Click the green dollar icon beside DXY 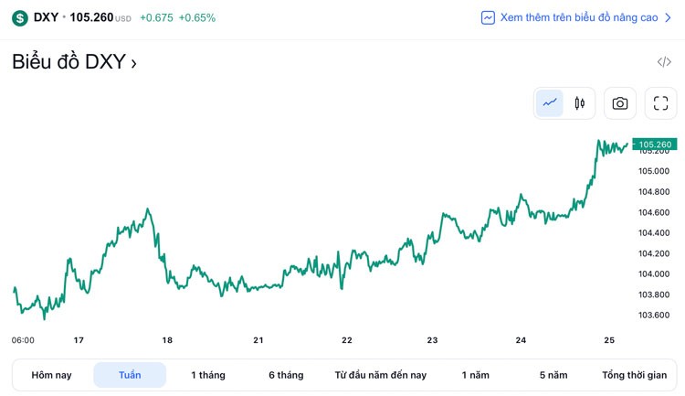click(20, 17)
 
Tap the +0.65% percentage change click(197, 17)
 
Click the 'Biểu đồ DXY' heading click(74, 62)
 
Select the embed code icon click(664, 62)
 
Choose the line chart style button click(550, 103)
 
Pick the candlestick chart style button click(580, 103)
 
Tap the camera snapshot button click(620, 103)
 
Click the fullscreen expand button click(661, 103)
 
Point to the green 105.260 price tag click(654, 144)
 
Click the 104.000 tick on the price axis click(654, 274)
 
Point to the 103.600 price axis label click(654, 316)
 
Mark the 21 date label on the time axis click(258, 340)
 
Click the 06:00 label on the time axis click(23, 340)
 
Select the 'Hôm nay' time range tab click(51, 375)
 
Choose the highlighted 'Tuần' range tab click(130, 375)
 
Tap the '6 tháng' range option click(286, 375)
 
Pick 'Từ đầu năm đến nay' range click(381, 375)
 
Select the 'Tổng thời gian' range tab click(634, 375)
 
